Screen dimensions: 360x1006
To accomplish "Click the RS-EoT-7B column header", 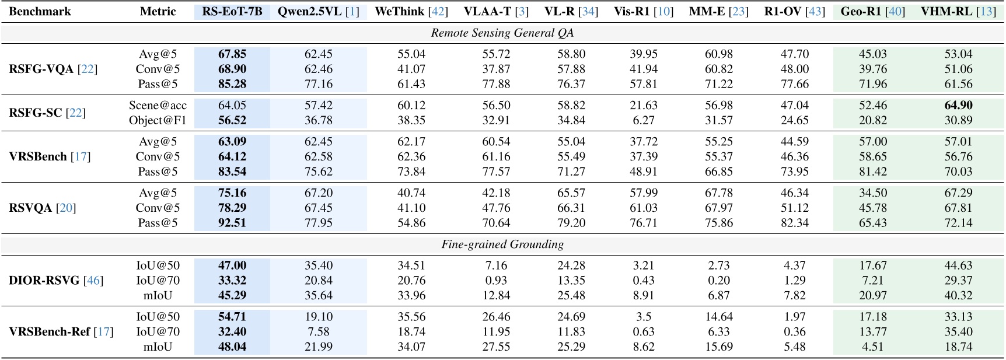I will pyautogui.click(x=232, y=11).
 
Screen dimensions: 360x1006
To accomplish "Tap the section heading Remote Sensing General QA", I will pyautogui.click(x=502, y=33).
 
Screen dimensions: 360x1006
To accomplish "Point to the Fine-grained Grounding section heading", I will pyautogui.click(x=502, y=244).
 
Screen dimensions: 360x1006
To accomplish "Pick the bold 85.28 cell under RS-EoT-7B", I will pyautogui.click(x=232, y=84).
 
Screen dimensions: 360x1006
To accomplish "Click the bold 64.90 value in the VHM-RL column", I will pyautogui.click(x=958, y=105).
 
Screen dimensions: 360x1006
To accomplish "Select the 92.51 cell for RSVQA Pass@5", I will pyautogui.click(x=232, y=223).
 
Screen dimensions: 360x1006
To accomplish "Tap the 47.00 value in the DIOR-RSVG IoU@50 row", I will pyautogui.click(x=232, y=265).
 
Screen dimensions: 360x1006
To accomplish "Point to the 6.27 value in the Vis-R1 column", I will pyautogui.click(x=644, y=120).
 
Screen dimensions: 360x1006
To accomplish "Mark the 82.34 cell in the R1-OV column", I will pyautogui.click(x=795, y=223).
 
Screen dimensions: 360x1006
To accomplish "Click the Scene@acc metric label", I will pyautogui.click(x=158, y=105).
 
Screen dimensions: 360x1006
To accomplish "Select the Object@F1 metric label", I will pyautogui.click(x=158, y=120).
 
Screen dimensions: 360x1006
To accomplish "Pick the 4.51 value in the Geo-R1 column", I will pyautogui.click(x=872, y=347).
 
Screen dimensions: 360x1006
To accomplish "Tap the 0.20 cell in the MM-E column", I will pyautogui.click(x=718, y=280).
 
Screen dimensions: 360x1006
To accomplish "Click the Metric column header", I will pyautogui.click(x=158, y=11).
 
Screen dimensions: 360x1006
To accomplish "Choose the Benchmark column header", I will pyautogui.click(x=40, y=11).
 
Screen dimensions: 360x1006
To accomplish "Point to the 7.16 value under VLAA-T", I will pyautogui.click(x=496, y=265).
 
